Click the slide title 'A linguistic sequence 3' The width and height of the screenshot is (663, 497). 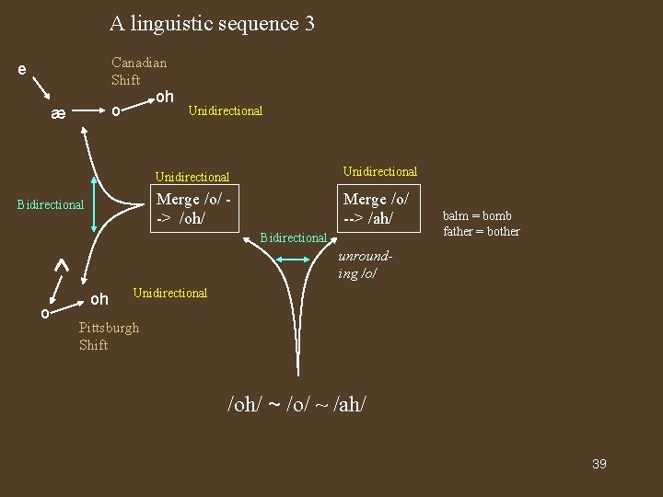pyautogui.click(x=212, y=23)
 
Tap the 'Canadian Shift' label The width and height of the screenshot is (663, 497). pyautogui.click(x=139, y=71)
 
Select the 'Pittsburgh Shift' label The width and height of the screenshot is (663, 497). pyautogui.click(x=109, y=336)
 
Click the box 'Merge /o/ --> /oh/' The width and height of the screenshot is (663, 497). pyautogui.click(x=192, y=209)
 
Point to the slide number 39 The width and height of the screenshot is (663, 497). pyautogui.click(x=599, y=464)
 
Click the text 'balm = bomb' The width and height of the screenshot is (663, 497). pyautogui.click(x=477, y=216)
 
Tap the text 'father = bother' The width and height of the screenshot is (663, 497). pyautogui.click(x=482, y=231)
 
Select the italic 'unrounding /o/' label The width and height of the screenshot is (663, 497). pyautogui.click(x=358, y=265)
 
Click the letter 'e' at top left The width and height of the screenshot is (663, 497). pyautogui.click(x=22, y=70)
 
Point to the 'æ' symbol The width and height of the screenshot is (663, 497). pyautogui.click(x=58, y=114)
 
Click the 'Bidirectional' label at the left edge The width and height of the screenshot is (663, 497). pyautogui.click(x=51, y=204)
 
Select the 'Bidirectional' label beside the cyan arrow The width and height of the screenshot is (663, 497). pyautogui.click(x=294, y=237)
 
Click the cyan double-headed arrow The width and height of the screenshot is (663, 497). pyautogui.click(x=296, y=260)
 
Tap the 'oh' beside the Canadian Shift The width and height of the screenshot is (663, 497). pyautogui.click(x=164, y=97)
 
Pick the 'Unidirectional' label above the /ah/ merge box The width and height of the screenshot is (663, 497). pyautogui.click(x=379, y=171)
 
